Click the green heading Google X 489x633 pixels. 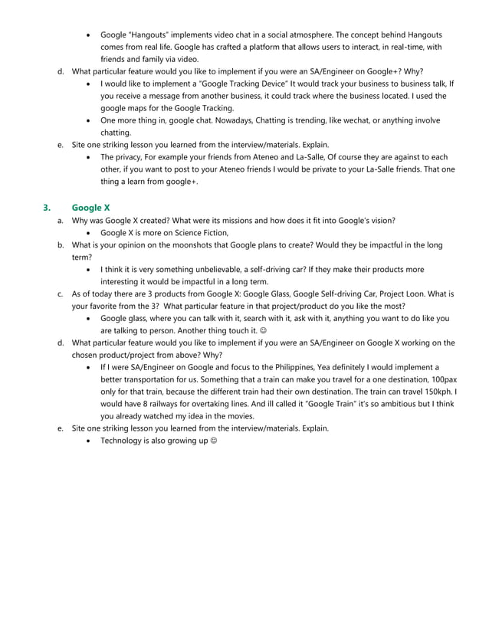pyautogui.click(x=90, y=207)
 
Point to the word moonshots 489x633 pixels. pyautogui.click(x=182, y=244)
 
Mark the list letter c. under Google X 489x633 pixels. pyautogui.click(x=60, y=294)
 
